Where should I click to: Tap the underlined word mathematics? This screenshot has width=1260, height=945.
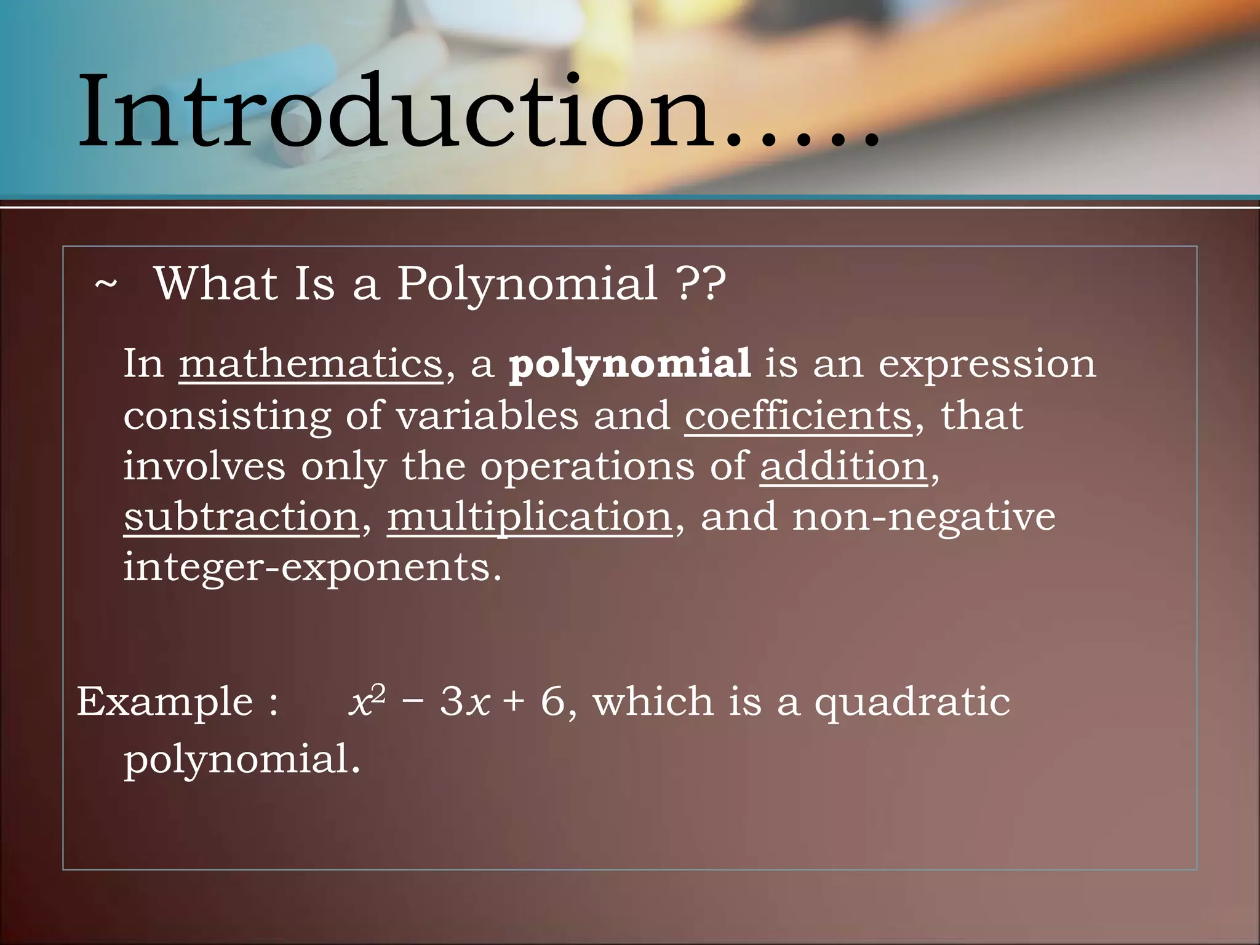pos(311,364)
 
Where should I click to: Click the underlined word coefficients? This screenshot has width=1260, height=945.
pos(798,415)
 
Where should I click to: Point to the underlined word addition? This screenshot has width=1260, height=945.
pos(843,466)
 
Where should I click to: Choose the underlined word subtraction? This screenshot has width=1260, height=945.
pos(241,516)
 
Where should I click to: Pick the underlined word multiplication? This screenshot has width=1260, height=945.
pos(530,517)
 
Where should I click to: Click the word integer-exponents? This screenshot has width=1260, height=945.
pos(313,567)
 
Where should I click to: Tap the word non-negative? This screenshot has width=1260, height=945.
pos(923,516)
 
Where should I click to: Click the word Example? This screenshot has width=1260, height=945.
pos(165,702)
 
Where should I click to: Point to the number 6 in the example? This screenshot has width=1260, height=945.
pos(552,702)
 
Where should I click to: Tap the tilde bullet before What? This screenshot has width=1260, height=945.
pos(106,285)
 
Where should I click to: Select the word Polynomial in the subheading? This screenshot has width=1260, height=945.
pos(527,285)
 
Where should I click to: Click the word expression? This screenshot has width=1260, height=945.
pos(987,365)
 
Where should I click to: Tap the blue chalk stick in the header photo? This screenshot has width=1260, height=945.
pos(289,68)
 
